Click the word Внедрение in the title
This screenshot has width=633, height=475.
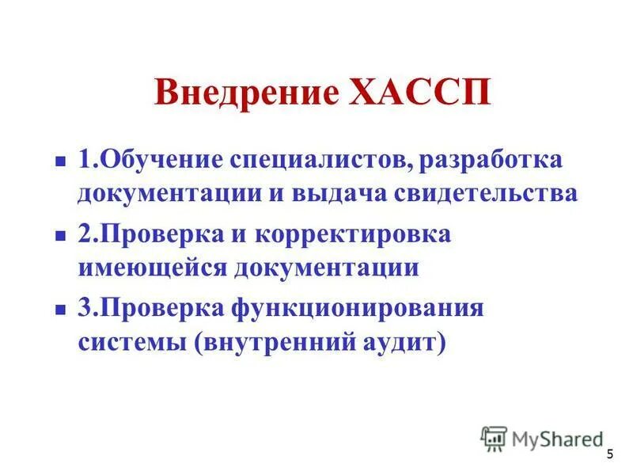pyautogui.click(x=245, y=93)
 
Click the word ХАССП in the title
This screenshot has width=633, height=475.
pyautogui.click(x=420, y=93)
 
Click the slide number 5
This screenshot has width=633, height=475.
pyautogui.click(x=609, y=454)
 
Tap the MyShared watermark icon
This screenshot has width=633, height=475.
pyautogui.click(x=494, y=438)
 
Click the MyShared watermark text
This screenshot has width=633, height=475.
pyautogui.click(x=556, y=438)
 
